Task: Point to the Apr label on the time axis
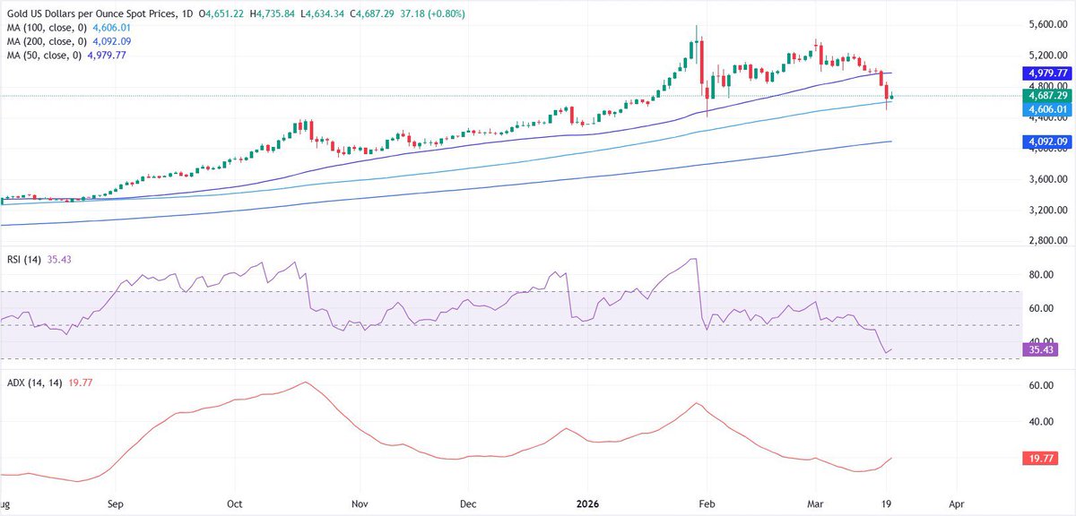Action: pos(956,504)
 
